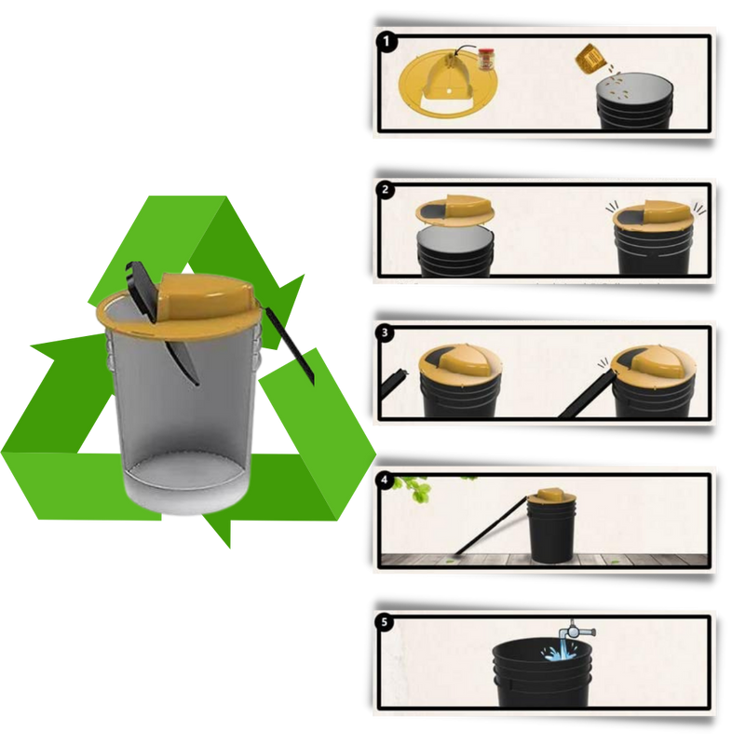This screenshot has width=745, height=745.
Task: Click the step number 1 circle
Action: pos(386,41)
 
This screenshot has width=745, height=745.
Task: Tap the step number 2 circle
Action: pos(385,190)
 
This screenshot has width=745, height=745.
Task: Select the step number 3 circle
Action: pos(385,333)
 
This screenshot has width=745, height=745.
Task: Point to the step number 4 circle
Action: pos(385,481)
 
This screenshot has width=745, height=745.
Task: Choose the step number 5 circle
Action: pos(385,622)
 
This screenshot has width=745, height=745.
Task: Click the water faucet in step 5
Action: pos(576,631)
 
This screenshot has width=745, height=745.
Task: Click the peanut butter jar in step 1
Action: pos(485,61)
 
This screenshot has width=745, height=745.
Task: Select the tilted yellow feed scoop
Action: pos(589,59)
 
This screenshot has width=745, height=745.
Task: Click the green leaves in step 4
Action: pos(415,488)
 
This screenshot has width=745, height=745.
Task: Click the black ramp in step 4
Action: pos(490,526)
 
